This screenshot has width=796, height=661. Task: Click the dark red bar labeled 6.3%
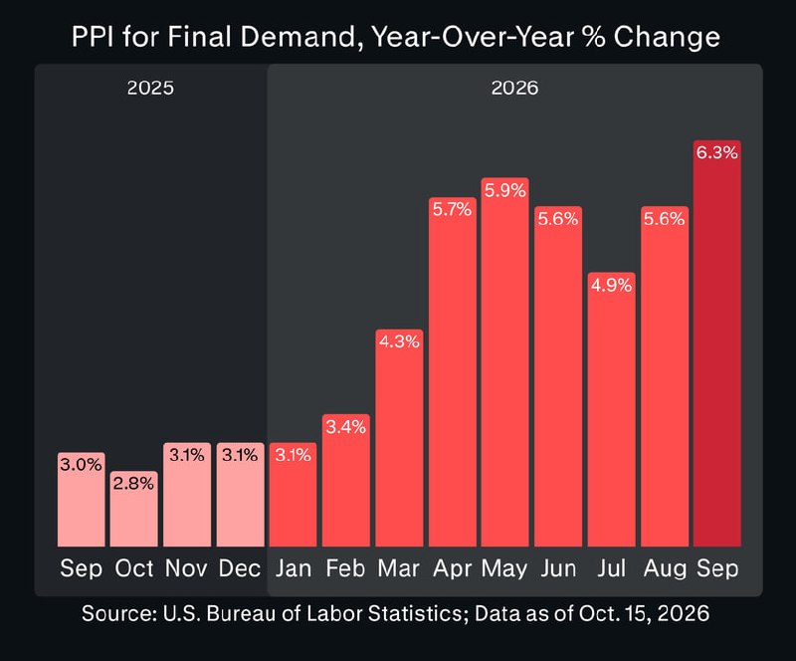point(716,343)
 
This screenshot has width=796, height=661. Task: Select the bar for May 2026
point(505,362)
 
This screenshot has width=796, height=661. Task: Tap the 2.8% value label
point(133,483)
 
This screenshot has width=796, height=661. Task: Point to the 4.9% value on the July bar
point(611,285)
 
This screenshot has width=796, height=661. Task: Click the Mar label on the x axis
point(399,568)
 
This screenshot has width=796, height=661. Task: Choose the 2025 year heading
point(150,88)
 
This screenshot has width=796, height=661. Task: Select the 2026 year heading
point(514,88)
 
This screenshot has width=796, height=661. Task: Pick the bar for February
point(346,481)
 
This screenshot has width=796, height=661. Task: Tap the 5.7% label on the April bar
point(453,209)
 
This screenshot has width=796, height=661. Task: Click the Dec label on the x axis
point(240,568)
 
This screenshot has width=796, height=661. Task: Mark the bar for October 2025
point(134,509)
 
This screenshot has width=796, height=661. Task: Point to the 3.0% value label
point(82,464)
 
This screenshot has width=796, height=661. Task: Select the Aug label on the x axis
point(664,569)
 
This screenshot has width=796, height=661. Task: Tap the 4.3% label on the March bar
point(400,341)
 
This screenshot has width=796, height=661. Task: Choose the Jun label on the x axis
point(558,568)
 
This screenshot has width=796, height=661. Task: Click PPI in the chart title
point(93,37)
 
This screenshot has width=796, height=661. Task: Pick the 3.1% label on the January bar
point(293,455)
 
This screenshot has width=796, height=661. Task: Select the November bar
point(187,495)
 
